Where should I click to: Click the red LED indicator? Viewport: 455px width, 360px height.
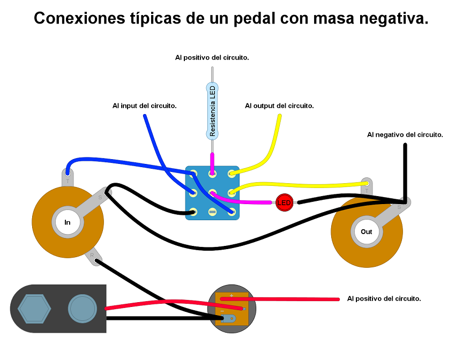(284, 202)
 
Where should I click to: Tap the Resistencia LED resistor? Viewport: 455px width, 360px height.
(212, 110)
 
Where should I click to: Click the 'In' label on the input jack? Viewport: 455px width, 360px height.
(68, 222)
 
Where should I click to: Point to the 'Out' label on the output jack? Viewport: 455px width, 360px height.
(367, 232)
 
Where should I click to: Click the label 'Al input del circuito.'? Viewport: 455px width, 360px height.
(145, 106)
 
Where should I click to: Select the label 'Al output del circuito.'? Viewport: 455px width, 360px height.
(279, 106)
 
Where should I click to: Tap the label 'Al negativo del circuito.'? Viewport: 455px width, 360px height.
(405, 135)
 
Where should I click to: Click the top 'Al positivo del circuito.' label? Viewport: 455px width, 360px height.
(212, 57)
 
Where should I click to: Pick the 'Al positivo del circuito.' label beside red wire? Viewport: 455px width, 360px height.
(384, 298)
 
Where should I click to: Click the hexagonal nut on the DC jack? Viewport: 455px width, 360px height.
(34, 309)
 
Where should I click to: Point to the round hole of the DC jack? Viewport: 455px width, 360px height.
(82, 309)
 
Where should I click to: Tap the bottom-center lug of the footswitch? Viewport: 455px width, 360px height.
(212, 212)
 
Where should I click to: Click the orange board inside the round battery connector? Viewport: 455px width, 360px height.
(232, 309)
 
